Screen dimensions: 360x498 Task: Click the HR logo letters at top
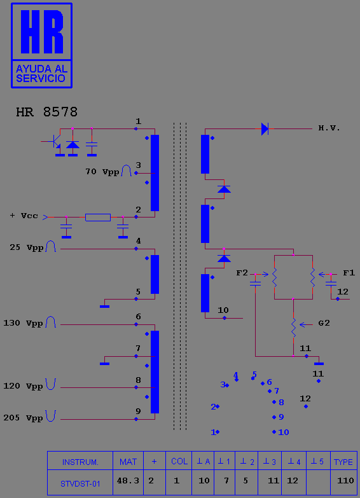coord(42,32)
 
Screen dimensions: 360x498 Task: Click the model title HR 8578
coord(46,112)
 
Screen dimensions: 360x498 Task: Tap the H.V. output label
coord(329,128)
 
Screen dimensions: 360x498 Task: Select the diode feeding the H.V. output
coord(265,129)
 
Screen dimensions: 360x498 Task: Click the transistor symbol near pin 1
coord(55,141)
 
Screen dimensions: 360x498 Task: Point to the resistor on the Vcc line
coord(98,218)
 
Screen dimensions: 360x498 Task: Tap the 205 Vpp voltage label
coord(23,418)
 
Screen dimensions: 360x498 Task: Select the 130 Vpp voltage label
coord(23,323)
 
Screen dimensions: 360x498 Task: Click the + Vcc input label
coord(24,216)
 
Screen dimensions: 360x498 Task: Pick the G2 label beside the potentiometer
coord(324,323)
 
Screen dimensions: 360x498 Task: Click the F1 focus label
coord(349,273)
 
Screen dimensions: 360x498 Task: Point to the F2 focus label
coord(242,273)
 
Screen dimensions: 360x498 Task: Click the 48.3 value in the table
coord(128,481)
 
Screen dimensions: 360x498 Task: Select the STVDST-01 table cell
coord(80,484)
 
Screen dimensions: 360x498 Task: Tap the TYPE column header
coord(343,462)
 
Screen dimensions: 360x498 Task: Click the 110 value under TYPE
coord(345,481)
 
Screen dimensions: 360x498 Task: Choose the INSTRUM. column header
coord(80,462)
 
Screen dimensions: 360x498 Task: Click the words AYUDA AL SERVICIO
coord(41,74)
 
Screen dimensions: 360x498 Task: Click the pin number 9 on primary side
coord(138,411)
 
